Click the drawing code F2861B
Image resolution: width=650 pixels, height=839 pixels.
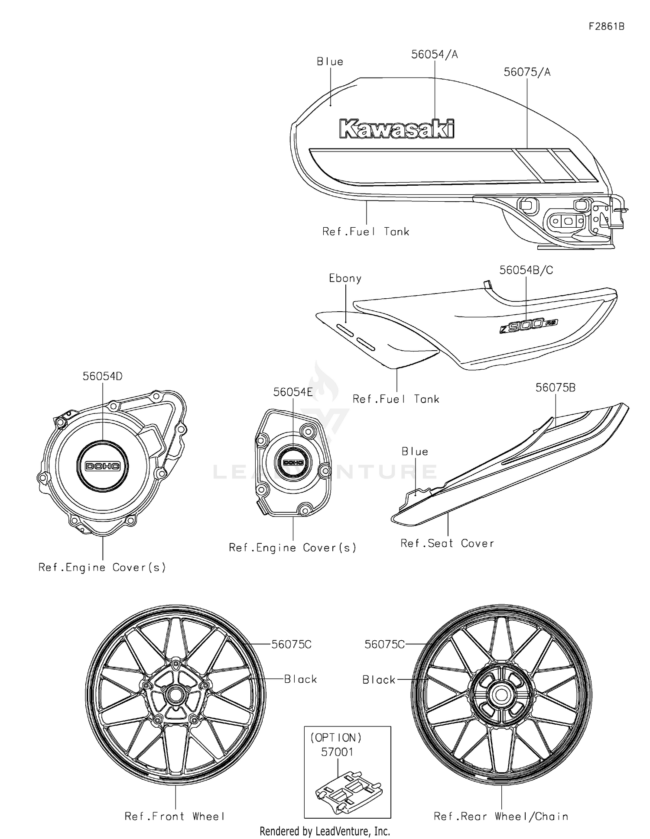(606, 26)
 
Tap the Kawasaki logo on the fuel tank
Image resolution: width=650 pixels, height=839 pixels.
(397, 129)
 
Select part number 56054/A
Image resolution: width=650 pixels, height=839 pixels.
(434, 55)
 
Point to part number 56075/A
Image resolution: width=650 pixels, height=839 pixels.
(527, 72)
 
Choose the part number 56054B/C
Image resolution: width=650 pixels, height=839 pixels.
(526, 270)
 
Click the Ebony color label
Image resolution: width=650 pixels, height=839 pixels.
(345, 278)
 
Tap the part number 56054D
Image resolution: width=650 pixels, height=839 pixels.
(103, 377)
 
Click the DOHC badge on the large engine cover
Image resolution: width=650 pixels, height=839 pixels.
(103, 466)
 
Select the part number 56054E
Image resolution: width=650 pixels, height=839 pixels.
(293, 392)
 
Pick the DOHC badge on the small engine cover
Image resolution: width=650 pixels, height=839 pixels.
(293, 462)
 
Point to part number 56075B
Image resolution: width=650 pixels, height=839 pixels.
(556, 388)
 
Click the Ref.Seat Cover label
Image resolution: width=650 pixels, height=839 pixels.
(447, 543)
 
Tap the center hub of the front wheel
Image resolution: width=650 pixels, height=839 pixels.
(175, 695)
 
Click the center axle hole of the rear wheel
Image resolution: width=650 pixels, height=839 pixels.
(501, 695)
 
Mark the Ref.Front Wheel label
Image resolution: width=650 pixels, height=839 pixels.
(175, 816)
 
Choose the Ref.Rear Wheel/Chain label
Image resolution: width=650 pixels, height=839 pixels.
(501, 816)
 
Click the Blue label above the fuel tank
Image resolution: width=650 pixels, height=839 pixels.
(330, 62)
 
